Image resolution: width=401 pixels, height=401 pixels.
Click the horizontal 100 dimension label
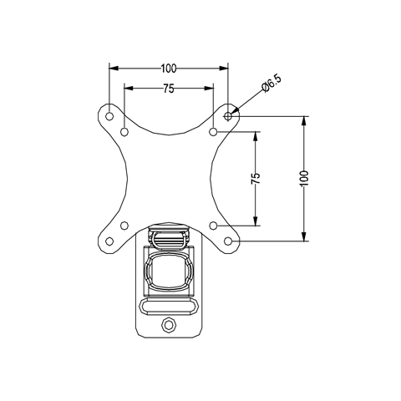[169, 69]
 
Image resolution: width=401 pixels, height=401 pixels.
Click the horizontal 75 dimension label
[169, 89]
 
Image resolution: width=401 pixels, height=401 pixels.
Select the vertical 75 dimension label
[256, 178]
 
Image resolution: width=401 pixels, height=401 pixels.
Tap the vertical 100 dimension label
[305, 178]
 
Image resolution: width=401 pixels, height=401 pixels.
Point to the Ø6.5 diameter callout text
[272, 84]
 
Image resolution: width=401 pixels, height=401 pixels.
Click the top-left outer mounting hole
[109, 115]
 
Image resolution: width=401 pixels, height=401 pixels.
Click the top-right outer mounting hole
[228, 115]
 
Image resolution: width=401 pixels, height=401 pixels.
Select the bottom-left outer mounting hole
[109, 241]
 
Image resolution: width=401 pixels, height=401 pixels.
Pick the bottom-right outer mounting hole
[228, 241]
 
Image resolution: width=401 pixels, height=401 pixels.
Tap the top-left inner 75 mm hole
[124, 131]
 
